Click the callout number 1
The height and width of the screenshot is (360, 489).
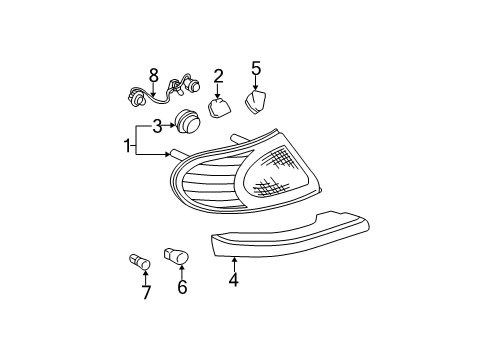(127, 146)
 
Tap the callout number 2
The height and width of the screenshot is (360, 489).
(218, 75)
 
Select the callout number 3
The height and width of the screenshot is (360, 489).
(156, 126)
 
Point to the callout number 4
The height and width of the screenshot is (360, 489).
(233, 281)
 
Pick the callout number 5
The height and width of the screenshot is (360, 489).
(255, 68)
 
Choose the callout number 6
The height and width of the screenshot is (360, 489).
(182, 288)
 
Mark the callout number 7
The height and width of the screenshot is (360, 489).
(146, 292)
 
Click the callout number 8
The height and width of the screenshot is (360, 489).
(154, 75)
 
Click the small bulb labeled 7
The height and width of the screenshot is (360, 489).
(138, 263)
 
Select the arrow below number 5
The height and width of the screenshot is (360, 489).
(255, 83)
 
